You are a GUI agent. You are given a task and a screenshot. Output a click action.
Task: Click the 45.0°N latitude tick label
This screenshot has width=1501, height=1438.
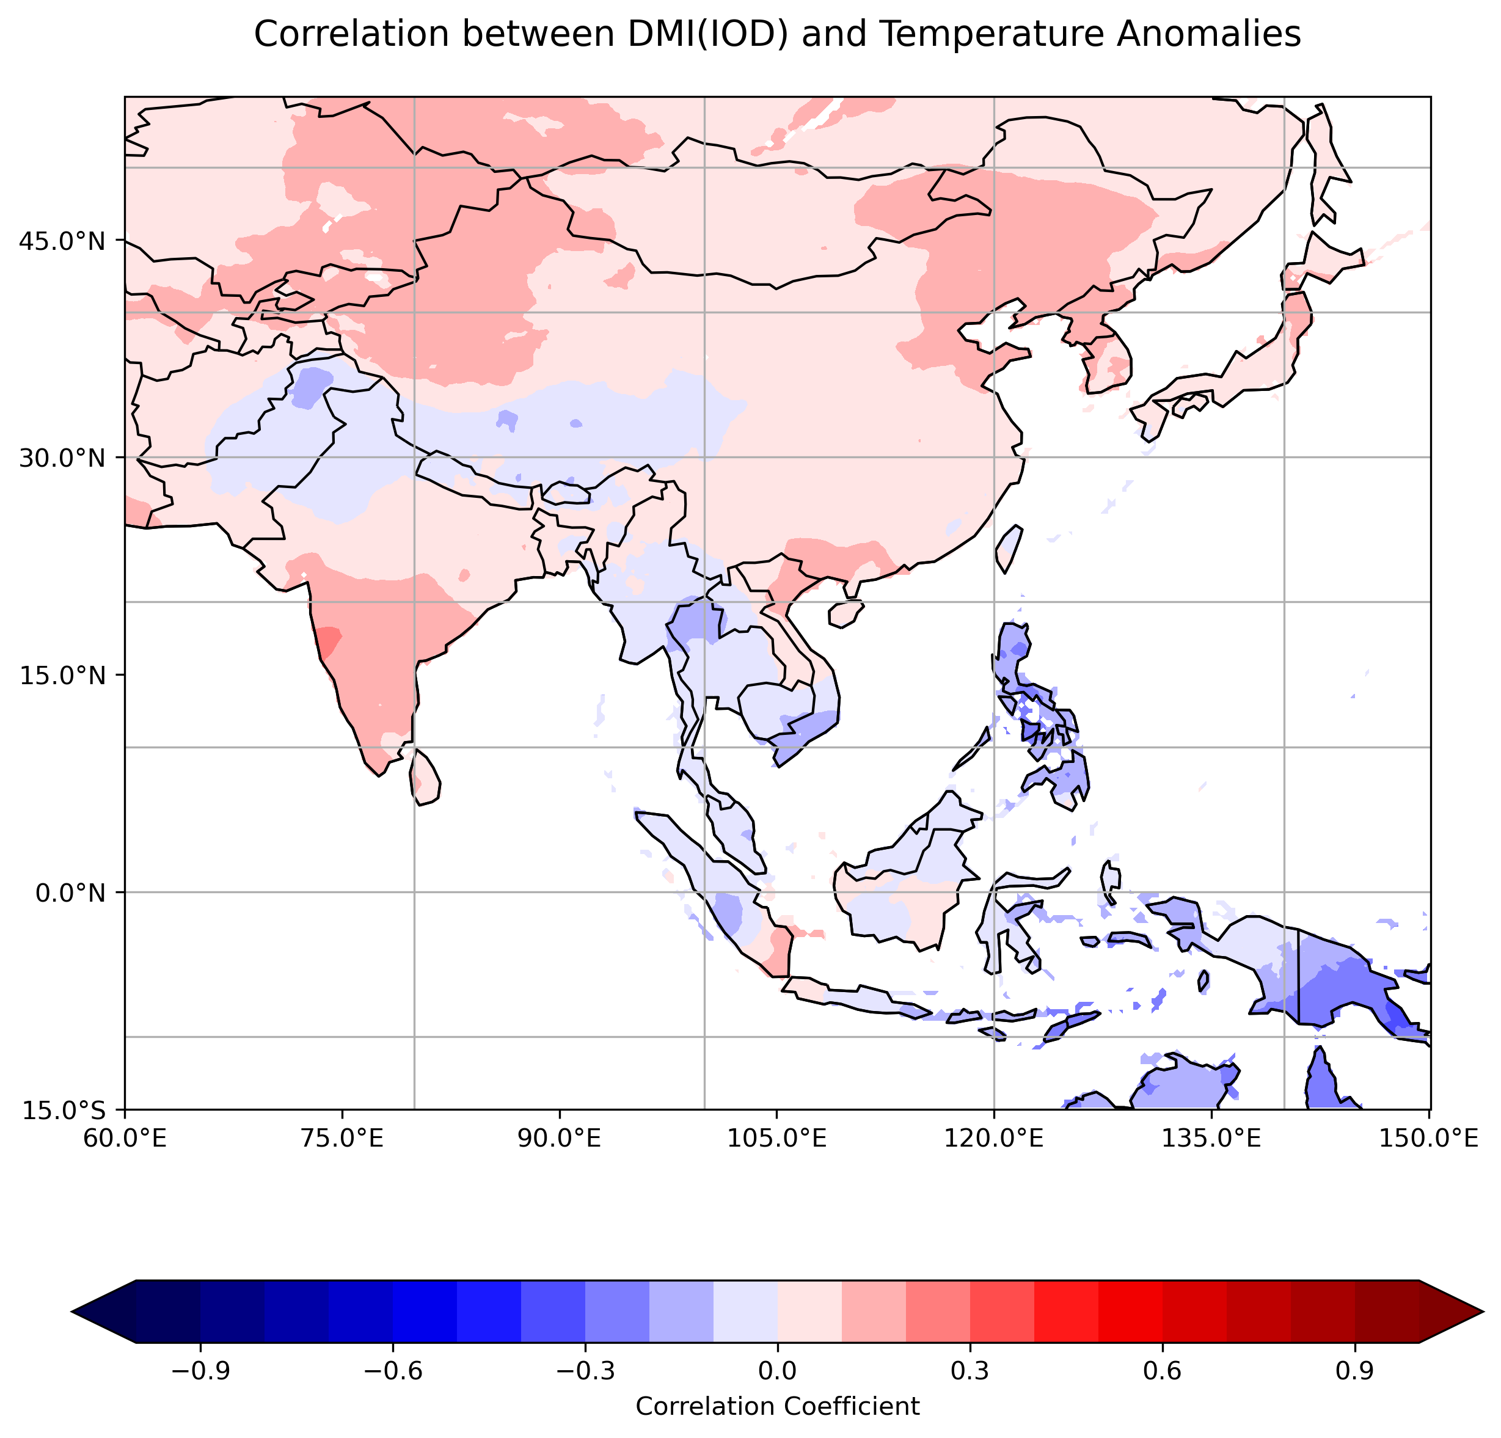point(60,241)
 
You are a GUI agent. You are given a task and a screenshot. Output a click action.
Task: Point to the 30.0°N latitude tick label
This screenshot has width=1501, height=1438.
point(60,458)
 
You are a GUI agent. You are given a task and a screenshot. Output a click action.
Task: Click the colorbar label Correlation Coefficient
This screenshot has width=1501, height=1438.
point(777,1406)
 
